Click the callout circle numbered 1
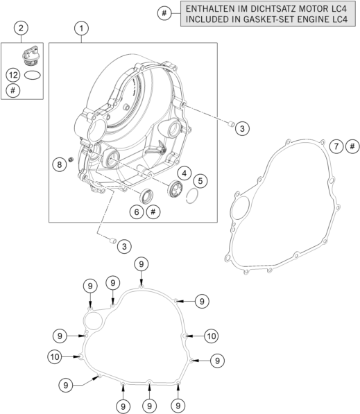pos(81,28)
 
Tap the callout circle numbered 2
pos(21,28)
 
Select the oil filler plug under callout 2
pos(31,55)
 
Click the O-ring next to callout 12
pos(33,76)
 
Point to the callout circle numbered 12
pos(13,76)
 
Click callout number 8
pos(59,164)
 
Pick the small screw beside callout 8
pos(71,159)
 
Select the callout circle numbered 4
pos(185,173)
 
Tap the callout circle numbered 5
pos(200,181)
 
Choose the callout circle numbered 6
pos(137,212)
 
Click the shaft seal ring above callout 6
pos(146,196)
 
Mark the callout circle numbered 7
pos(336,146)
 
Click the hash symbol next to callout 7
pos(352,146)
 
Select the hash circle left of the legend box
pos(164,13)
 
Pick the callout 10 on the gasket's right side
pos(212,336)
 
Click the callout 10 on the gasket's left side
pos(55,357)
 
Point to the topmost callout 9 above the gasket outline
pos(142,264)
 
